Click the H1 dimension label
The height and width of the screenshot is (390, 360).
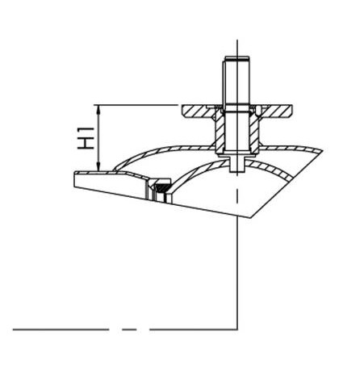(86, 138)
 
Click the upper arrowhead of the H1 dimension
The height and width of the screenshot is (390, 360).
(98, 109)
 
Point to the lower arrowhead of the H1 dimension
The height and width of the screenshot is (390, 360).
(98, 166)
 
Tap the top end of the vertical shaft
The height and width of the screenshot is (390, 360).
(237, 57)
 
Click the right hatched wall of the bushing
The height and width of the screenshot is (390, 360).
(254, 132)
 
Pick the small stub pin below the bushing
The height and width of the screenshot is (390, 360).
(237, 165)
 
